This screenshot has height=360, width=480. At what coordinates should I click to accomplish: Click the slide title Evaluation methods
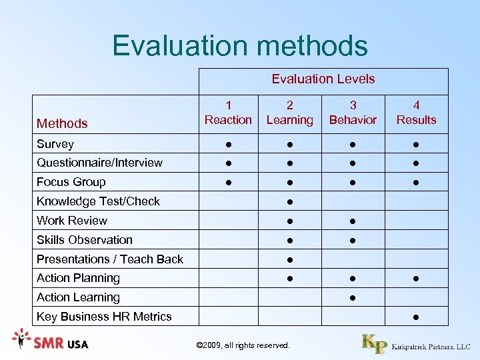pyautogui.click(x=240, y=45)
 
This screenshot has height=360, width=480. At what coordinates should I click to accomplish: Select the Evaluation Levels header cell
pyautogui.click(x=323, y=79)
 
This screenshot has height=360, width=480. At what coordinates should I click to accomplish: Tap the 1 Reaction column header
pyautogui.click(x=228, y=113)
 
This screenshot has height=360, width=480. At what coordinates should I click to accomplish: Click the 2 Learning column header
pyautogui.click(x=289, y=113)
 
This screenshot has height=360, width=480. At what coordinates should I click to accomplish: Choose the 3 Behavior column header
pyautogui.click(x=353, y=113)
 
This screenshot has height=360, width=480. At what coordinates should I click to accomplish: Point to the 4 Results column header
pyautogui.click(x=416, y=113)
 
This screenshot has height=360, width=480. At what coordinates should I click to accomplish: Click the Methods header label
pyautogui.click(x=62, y=123)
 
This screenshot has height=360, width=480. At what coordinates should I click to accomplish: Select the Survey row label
pyautogui.click(x=55, y=144)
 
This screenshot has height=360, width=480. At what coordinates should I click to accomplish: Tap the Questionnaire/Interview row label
pyautogui.click(x=99, y=163)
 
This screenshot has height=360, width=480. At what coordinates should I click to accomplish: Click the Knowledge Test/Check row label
pyautogui.click(x=98, y=201)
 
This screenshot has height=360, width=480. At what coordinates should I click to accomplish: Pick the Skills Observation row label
pyautogui.click(x=85, y=240)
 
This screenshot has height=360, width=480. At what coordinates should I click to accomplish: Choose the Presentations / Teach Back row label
pyautogui.click(x=110, y=259)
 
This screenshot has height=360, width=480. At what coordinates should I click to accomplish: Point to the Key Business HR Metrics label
pyautogui.click(x=104, y=317)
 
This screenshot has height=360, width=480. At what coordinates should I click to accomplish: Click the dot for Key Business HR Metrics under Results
pyautogui.click(x=416, y=317)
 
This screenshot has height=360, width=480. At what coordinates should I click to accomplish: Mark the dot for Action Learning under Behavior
pyautogui.click(x=353, y=298)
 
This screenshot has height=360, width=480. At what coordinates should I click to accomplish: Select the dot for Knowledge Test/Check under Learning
pyautogui.click(x=289, y=202)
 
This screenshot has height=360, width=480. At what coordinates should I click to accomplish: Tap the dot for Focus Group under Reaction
pyautogui.click(x=228, y=183)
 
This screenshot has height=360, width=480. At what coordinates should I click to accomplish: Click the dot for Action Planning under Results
pyautogui.click(x=416, y=279)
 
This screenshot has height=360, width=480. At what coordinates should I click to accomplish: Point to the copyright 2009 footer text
pyautogui.click(x=243, y=345)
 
